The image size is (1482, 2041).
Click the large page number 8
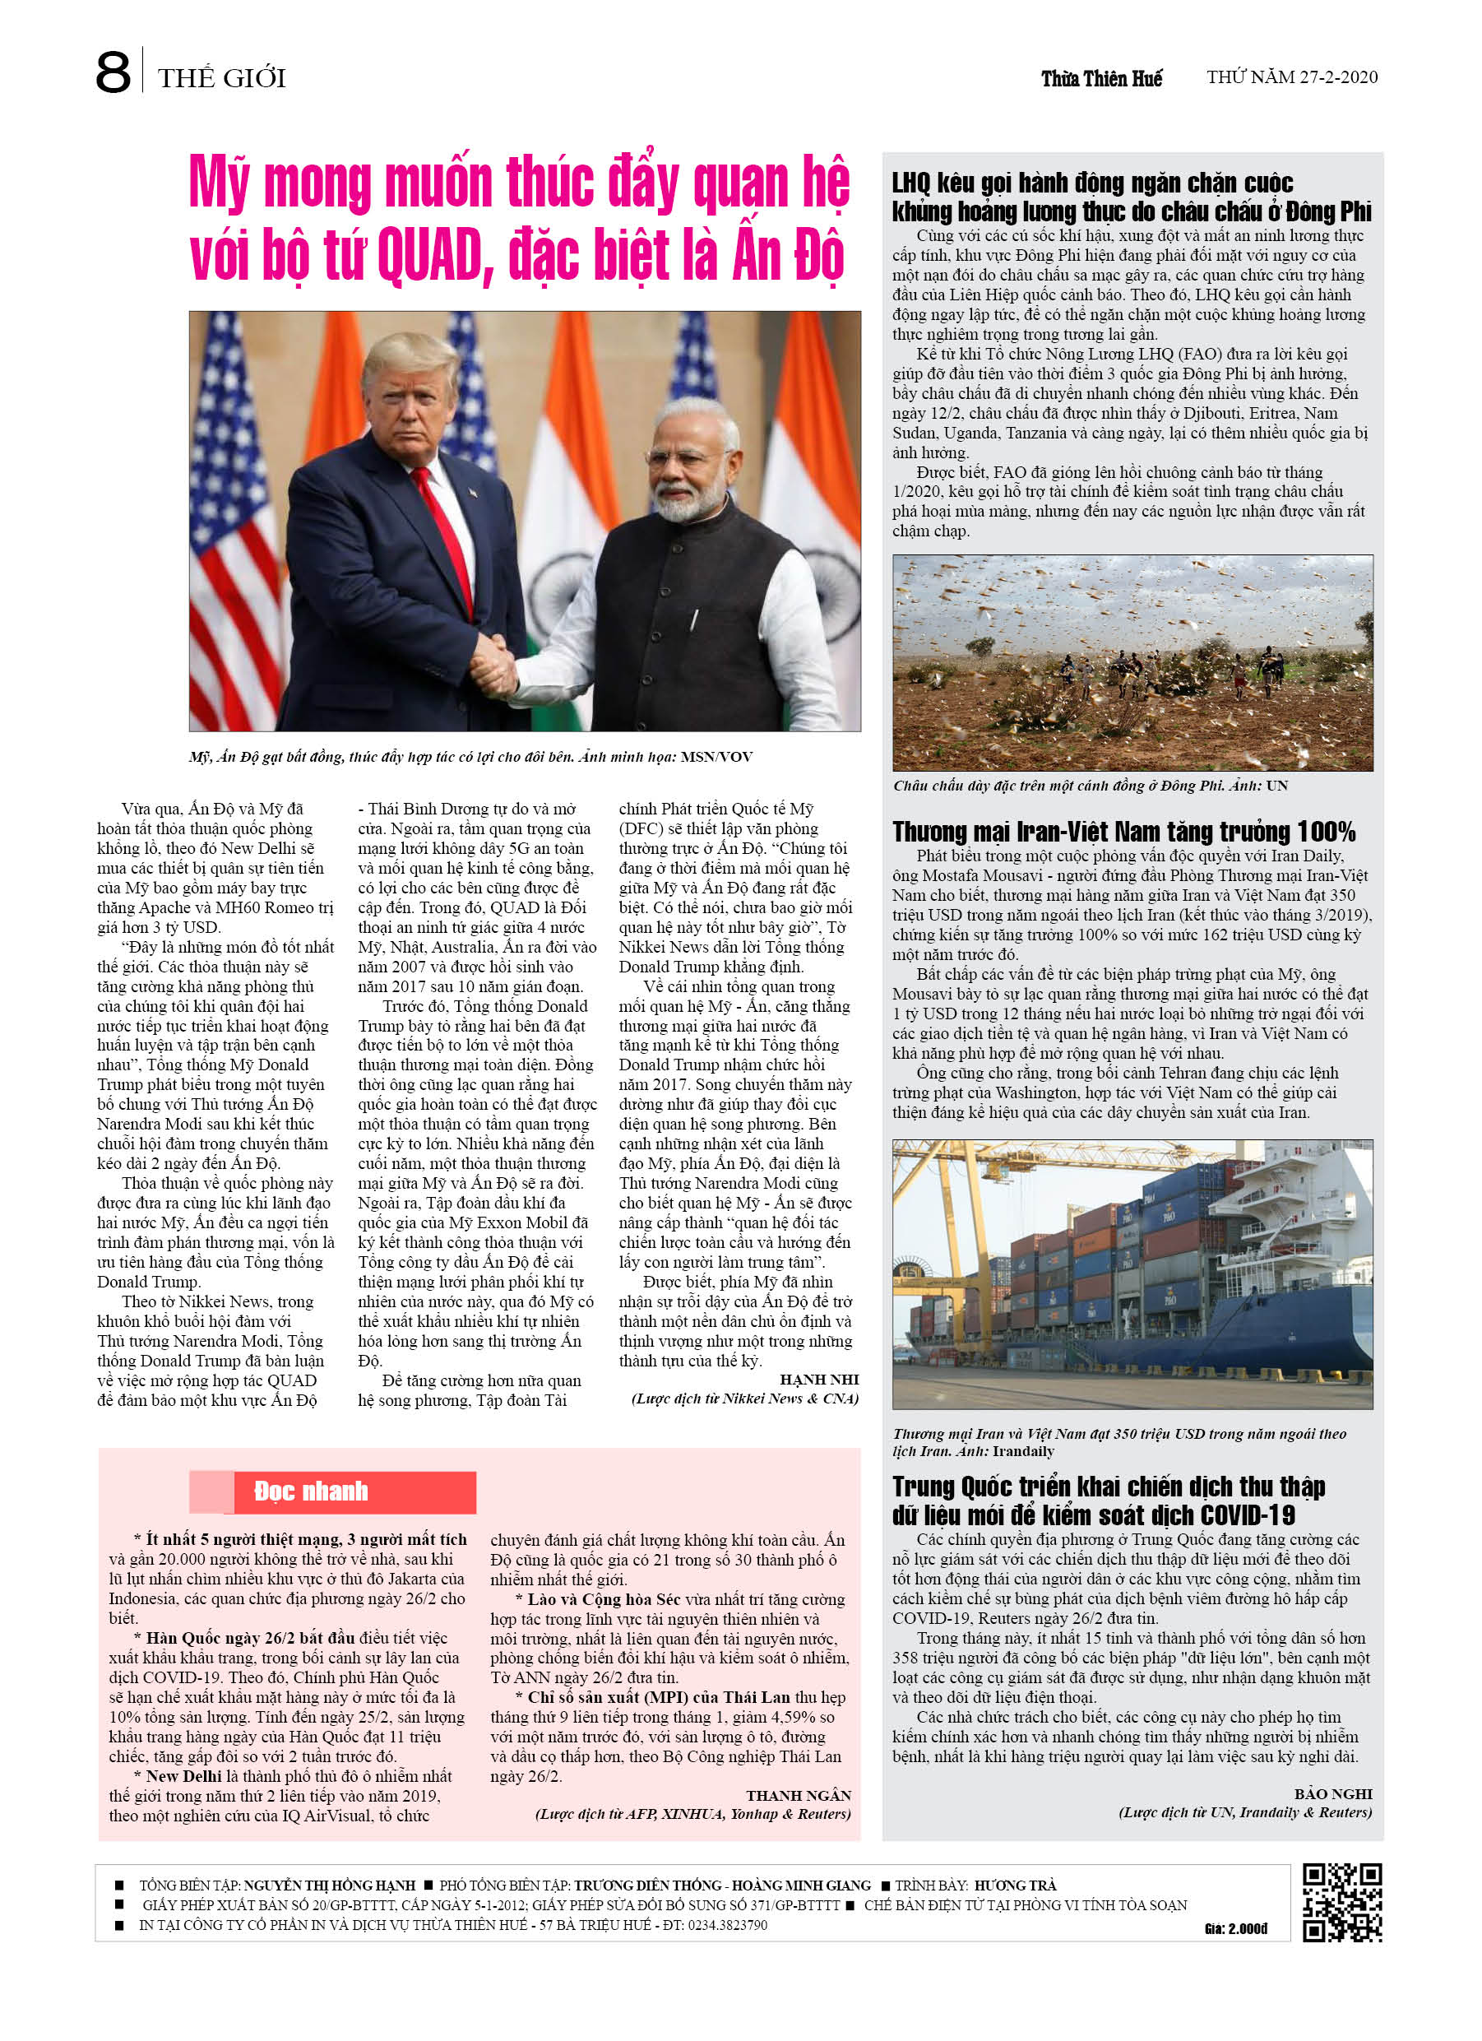pyautogui.click(x=113, y=74)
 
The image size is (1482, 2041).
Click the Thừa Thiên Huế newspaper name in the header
pyautogui.click(x=1100, y=78)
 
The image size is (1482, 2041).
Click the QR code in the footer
pyautogui.click(x=1341, y=1903)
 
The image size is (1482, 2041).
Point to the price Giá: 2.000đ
pyautogui.click(x=1235, y=1928)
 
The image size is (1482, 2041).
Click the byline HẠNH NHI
pyautogui.click(x=819, y=1380)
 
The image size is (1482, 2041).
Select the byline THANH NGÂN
pyautogui.click(x=798, y=1795)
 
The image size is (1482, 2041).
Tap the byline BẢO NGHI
pyautogui.click(x=1332, y=1793)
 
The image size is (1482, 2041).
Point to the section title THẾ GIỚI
pyautogui.click(x=221, y=78)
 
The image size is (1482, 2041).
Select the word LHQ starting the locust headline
pyautogui.click(x=910, y=183)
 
